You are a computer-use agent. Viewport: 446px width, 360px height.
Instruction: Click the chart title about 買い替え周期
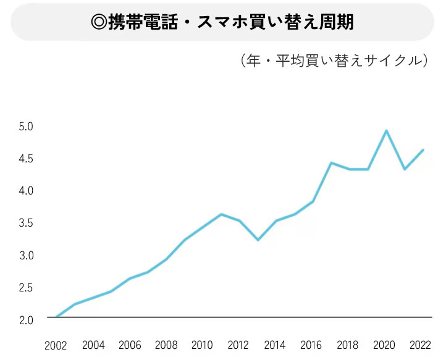(222, 22)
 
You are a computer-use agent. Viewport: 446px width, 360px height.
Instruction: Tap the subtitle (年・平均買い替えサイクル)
(334, 61)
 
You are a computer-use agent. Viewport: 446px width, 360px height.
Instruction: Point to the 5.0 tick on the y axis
(26, 127)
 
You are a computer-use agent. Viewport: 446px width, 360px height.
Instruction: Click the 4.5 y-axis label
(26, 159)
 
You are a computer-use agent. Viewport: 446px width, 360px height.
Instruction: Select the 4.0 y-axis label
(26, 191)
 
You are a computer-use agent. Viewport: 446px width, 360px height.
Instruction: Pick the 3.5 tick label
(26, 223)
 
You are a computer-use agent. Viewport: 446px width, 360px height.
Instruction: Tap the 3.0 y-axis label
(26, 256)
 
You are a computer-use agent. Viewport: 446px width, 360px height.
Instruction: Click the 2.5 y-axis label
(26, 288)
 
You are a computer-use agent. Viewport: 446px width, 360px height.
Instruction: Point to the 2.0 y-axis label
(26, 320)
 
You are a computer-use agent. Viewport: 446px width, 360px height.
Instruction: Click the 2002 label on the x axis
(56, 346)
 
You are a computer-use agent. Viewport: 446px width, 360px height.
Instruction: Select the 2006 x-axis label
(130, 345)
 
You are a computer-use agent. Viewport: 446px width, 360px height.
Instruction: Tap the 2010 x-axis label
(202, 345)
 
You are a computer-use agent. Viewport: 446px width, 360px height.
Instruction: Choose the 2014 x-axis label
(275, 345)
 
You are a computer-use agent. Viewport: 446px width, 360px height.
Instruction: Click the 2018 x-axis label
(348, 345)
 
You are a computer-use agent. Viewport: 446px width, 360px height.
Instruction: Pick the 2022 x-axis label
(421, 345)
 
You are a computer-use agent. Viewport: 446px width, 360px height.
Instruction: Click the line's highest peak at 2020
(386, 131)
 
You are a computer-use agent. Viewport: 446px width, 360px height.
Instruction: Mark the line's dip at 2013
(258, 240)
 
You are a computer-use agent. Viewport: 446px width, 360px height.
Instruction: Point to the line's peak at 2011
(221, 214)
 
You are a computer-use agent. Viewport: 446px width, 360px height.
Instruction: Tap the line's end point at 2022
(423, 150)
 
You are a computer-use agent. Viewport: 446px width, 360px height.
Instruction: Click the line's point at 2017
(331, 163)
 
